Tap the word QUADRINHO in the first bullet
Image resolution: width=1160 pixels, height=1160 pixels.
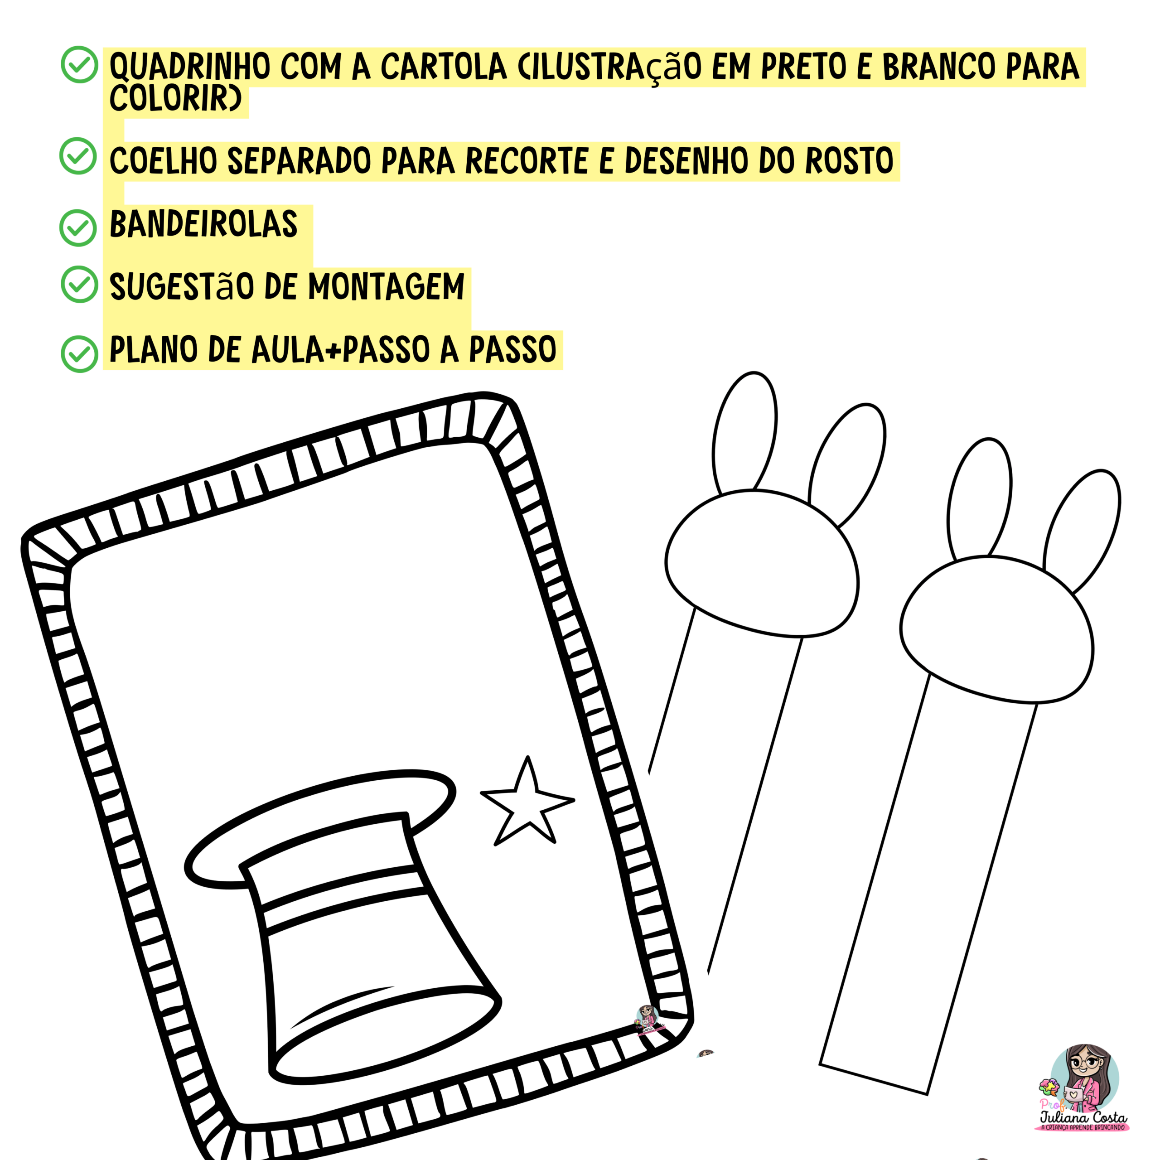click(190, 67)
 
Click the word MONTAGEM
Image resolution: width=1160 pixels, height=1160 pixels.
click(386, 287)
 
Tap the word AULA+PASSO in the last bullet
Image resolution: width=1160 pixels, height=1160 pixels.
click(340, 350)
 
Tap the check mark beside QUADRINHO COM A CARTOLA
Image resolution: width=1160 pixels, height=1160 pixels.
click(79, 64)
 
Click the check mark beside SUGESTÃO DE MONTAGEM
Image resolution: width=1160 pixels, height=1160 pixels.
click(79, 284)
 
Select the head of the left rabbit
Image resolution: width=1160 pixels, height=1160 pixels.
click(761, 563)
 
